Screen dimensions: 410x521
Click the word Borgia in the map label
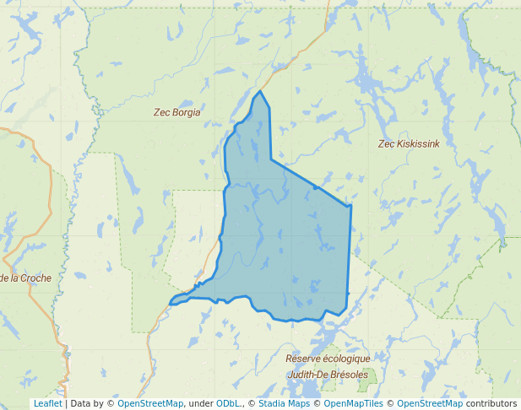coord(187,112)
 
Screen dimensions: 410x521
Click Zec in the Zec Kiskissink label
coord(386,144)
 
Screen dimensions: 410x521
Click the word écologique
coord(348,359)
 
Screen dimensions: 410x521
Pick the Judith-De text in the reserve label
coord(307,374)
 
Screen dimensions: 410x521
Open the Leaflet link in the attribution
coord(47,403)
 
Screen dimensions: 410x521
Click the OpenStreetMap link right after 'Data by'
coord(150,403)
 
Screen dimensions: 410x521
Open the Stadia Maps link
coord(284,403)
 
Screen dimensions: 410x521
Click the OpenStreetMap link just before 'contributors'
coord(430,403)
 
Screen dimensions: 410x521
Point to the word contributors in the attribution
coord(491,403)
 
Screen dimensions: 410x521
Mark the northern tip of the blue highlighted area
coord(261,91)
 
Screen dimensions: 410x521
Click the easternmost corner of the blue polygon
coord(350,205)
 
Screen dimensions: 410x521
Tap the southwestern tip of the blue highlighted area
coord(171,303)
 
